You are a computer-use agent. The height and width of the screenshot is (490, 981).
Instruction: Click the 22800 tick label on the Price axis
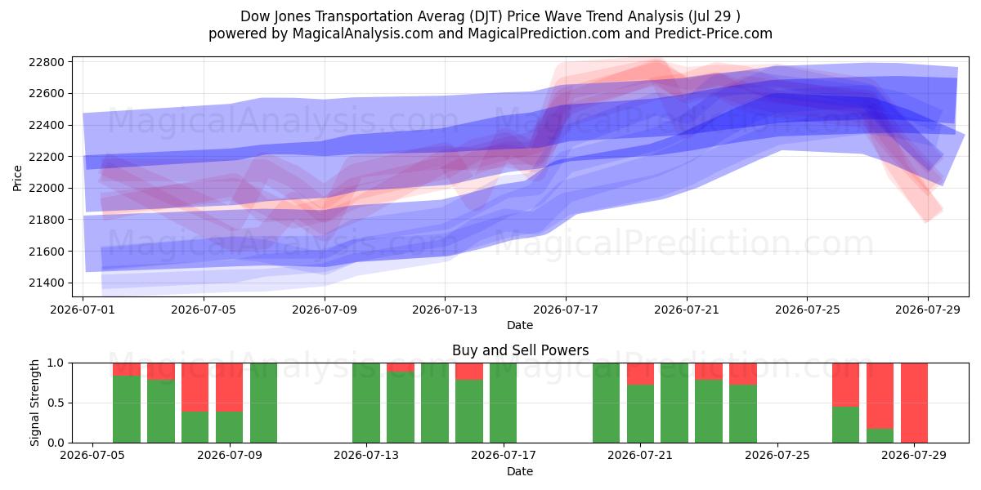(47, 62)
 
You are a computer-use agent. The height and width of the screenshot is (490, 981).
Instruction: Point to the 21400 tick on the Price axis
(47, 283)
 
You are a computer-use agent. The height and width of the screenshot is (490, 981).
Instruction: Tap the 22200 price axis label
(47, 157)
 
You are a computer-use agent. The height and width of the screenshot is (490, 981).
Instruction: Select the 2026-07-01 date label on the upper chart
(83, 310)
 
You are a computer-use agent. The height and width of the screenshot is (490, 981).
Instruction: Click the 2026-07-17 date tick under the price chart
(566, 310)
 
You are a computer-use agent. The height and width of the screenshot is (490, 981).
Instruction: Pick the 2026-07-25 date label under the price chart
(807, 310)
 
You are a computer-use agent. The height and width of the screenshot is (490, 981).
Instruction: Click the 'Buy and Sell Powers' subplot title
(520, 350)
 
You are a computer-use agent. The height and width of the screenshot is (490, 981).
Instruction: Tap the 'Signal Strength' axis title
(34, 403)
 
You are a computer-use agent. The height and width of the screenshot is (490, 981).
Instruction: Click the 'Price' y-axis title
(17, 178)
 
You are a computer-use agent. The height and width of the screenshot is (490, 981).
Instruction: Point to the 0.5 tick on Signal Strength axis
(56, 403)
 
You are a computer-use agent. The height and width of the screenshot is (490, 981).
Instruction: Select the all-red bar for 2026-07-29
(914, 403)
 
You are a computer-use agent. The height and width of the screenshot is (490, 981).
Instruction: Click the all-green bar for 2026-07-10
(263, 403)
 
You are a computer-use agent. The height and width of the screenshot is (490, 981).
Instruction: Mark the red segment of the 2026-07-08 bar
(195, 388)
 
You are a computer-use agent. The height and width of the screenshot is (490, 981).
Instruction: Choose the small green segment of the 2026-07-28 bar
(880, 436)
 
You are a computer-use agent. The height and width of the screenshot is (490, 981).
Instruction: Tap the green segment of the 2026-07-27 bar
(845, 425)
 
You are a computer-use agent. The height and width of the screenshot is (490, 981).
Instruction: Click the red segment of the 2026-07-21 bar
(640, 374)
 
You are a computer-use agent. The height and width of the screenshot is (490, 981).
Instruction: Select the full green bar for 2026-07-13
(366, 403)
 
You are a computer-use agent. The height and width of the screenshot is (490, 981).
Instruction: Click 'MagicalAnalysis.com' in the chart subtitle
(363, 33)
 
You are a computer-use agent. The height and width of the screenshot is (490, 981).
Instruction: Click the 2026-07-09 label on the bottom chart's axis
(230, 456)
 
